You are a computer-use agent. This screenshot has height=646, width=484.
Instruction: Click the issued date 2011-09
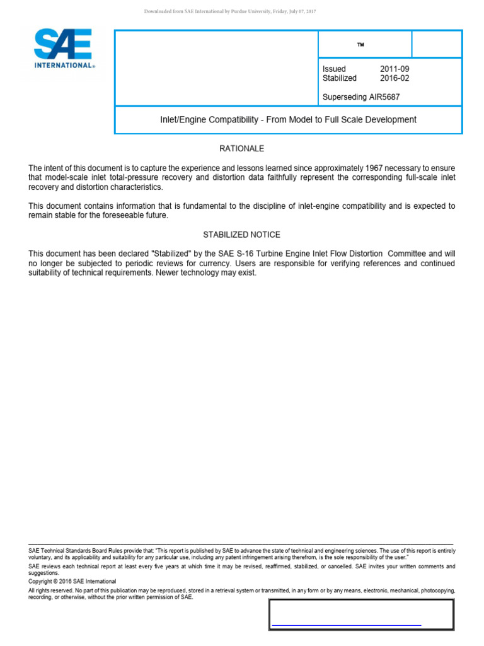click(x=395, y=69)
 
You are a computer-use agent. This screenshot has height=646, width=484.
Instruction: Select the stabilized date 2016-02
click(x=395, y=78)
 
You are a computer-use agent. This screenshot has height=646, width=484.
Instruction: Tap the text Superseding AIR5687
click(x=360, y=97)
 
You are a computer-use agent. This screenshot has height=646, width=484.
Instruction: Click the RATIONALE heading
click(x=241, y=149)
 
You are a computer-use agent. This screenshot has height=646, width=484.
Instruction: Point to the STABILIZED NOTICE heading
click(x=241, y=235)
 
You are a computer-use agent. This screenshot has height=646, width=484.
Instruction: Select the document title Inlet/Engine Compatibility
click(x=288, y=120)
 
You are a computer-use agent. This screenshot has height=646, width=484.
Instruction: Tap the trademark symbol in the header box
click(x=360, y=45)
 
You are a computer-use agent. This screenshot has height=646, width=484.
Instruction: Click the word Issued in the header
click(x=334, y=69)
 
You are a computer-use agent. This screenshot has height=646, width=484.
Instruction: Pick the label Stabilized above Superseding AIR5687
click(x=339, y=78)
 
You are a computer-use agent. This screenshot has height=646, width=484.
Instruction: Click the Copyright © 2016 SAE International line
click(x=72, y=581)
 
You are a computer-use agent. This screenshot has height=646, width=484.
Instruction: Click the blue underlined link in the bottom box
click(x=346, y=625)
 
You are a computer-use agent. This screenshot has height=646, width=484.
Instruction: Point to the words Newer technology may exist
click(x=208, y=273)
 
